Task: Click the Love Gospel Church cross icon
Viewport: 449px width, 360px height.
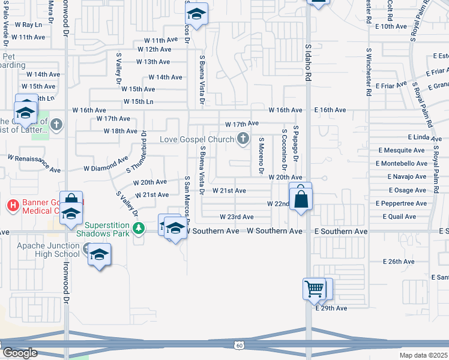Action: click(243, 139)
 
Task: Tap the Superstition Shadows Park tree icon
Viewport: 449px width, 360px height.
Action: click(139, 228)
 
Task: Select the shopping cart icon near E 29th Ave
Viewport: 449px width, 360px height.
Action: click(314, 289)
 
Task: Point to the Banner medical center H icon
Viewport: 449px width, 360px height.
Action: click(13, 206)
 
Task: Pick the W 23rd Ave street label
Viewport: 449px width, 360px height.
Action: click(237, 217)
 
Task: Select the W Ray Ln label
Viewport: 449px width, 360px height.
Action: click(28, 25)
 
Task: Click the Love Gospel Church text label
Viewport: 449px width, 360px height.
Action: click(196, 140)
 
